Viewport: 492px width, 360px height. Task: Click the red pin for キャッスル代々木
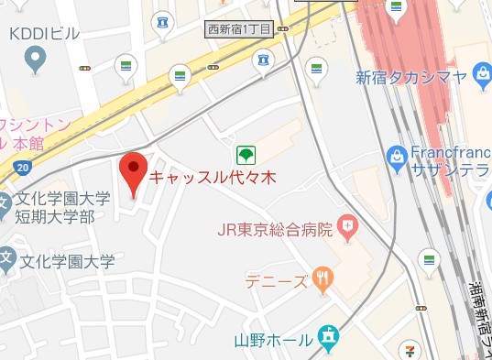[134, 172]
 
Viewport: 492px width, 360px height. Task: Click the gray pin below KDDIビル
[36, 61]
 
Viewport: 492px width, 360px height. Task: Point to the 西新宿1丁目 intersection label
[240, 29]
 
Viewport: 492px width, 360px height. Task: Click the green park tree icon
[246, 154]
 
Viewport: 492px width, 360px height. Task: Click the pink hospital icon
[348, 225]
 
